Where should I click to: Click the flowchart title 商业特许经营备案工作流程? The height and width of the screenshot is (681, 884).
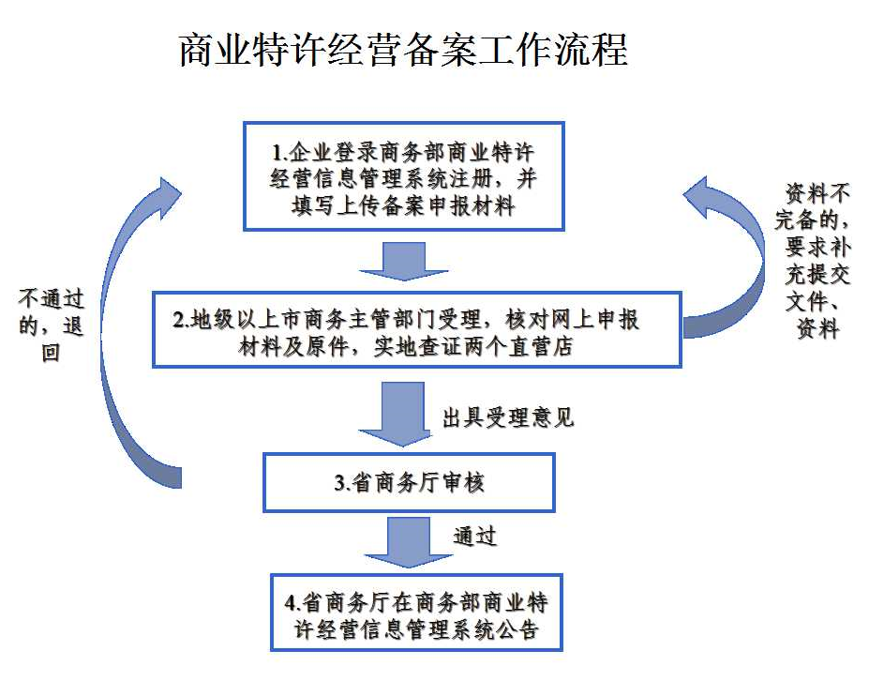coord(403,50)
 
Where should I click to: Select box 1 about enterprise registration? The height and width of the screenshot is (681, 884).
coord(404,176)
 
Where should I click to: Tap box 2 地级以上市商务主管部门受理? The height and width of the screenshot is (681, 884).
coord(416,330)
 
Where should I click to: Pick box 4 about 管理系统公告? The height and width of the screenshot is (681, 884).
coord(416,612)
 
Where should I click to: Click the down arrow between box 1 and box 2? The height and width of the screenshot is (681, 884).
coord(404,260)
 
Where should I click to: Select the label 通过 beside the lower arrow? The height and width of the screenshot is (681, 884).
coord(475,537)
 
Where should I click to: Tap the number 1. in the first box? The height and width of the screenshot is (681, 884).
coord(279,153)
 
